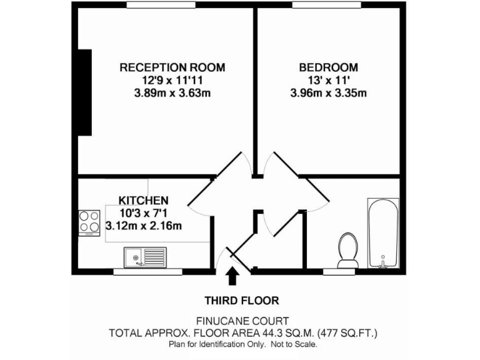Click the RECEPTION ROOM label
point(172,67)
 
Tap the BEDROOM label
point(328,67)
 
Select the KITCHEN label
point(144,201)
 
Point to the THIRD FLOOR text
point(241,300)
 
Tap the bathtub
point(383,232)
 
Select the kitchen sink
point(144,256)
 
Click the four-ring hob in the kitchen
point(89,221)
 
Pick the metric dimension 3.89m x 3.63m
point(172,94)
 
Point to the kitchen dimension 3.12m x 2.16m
point(144,226)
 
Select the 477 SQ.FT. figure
point(349,332)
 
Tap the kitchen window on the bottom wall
point(147,272)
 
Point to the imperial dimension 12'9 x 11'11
point(172,81)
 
